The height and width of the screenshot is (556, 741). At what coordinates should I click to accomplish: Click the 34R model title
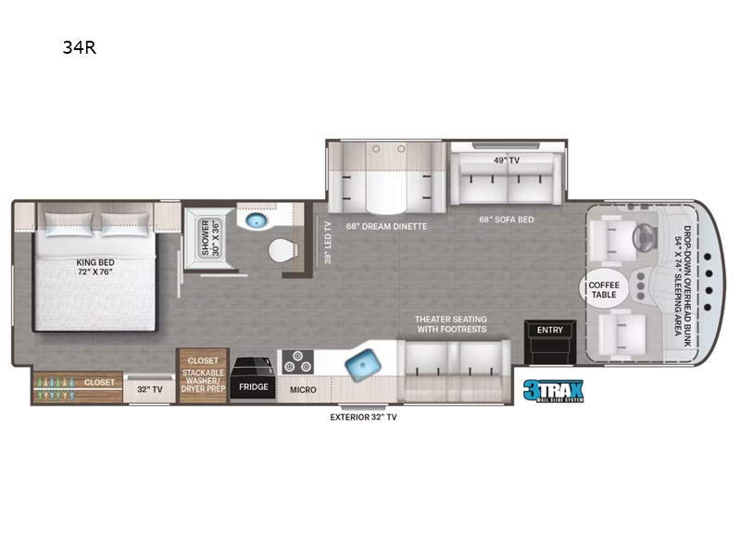click(x=80, y=47)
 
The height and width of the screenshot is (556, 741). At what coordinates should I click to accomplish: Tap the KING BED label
click(x=95, y=262)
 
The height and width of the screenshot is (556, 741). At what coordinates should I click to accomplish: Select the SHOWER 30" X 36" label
click(x=211, y=238)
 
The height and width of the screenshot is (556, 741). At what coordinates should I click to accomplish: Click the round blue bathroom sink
click(x=257, y=220)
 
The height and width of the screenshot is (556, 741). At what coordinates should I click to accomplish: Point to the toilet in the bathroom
click(x=283, y=250)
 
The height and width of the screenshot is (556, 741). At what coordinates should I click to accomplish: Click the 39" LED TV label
click(x=328, y=242)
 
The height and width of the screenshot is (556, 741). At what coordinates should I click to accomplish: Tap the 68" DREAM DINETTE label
click(x=386, y=226)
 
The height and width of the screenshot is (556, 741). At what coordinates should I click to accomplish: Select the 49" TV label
click(x=507, y=160)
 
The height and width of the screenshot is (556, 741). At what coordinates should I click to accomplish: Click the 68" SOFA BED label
click(x=507, y=220)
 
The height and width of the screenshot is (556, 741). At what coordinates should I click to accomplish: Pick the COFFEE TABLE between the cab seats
click(x=604, y=288)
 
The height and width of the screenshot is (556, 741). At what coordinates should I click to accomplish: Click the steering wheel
click(x=643, y=236)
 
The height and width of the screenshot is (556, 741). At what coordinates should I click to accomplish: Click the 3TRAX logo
click(x=553, y=391)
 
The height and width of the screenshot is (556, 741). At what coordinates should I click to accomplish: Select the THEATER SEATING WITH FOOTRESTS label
click(x=451, y=324)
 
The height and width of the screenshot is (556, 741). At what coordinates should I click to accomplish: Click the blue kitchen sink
click(x=363, y=365)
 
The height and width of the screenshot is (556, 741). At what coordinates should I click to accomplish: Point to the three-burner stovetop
click(x=297, y=361)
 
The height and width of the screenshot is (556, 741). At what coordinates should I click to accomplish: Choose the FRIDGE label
click(x=253, y=386)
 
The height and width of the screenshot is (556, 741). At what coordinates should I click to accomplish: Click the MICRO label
click(x=303, y=390)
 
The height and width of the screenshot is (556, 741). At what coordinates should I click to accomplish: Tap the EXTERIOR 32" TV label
click(x=363, y=417)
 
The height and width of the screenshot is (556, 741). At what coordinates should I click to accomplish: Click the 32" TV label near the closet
click(x=150, y=389)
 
